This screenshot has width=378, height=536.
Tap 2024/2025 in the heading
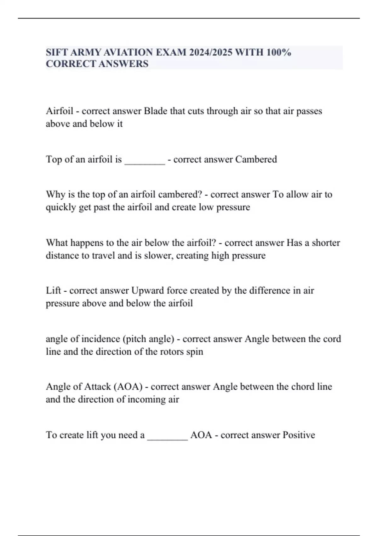211,52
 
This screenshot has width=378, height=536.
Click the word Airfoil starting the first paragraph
60,111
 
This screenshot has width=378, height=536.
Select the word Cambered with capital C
256,160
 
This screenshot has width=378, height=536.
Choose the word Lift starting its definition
53,290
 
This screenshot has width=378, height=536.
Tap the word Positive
299,435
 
